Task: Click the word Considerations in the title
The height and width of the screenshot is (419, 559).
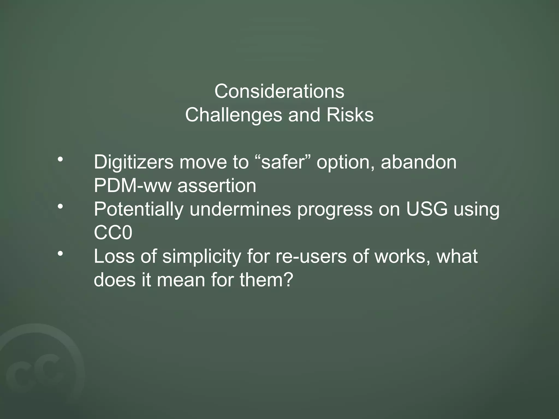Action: point(279,91)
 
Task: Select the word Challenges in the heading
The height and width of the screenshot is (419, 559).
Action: point(234,115)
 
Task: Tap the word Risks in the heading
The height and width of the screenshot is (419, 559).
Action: point(350,115)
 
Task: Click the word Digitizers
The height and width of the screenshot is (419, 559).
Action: point(133,162)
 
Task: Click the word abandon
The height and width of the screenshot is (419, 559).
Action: point(418,162)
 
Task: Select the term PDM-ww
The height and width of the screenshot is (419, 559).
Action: point(132,186)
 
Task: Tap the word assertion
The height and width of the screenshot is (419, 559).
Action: point(217,186)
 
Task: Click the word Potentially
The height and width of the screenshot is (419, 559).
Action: point(138,209)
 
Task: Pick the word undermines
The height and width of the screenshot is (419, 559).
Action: point(240,209)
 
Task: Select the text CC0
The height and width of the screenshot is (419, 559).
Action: point(113,233)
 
